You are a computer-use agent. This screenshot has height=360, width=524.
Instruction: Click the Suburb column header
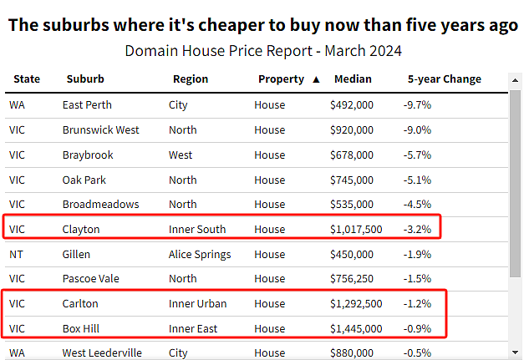tap(85, 79)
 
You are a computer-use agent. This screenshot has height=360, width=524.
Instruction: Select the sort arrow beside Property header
tap(316, 79)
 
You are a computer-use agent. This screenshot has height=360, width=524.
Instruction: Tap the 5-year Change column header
tap(444, 79)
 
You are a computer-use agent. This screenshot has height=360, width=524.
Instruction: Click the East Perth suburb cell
tap(87, 105)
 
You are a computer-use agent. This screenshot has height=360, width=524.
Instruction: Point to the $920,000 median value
tap(351, 130)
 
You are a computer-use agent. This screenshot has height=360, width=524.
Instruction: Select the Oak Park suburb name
tap(84, 180)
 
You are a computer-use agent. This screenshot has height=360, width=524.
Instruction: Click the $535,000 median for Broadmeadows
tap(351, 205)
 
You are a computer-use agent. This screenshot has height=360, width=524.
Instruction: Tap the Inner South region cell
tap(197, 230)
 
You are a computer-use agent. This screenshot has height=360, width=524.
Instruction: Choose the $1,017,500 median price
tap(356, 230)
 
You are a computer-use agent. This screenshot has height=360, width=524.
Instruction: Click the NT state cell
tap(16, 254)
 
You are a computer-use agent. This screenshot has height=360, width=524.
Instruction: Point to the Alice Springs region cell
tap(200, 254)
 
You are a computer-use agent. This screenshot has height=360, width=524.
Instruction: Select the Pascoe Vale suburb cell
tap(89, 278)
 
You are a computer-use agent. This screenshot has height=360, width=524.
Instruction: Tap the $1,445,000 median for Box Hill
tap(356, 328)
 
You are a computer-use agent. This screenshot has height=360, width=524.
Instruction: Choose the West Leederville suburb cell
tap(102, 353)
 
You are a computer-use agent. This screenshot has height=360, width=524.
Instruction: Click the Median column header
tap(352, 79)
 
